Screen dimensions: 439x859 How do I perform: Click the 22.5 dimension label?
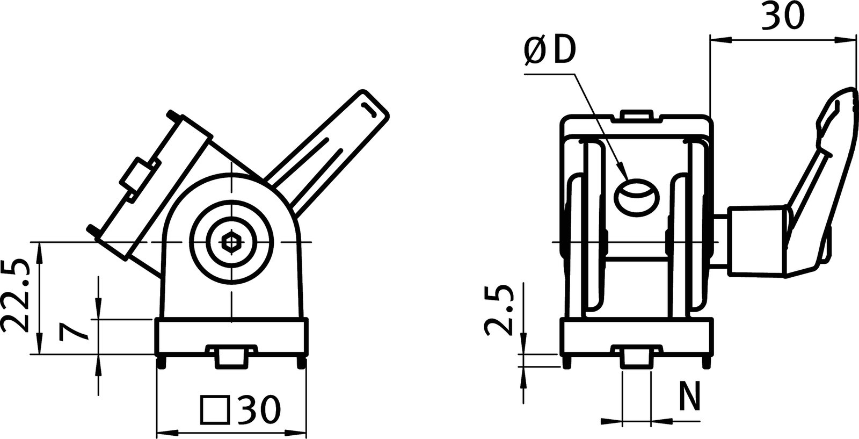[14, 297]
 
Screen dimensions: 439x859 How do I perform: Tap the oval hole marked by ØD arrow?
[637, 198]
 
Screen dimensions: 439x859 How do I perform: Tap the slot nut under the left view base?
[231, 357]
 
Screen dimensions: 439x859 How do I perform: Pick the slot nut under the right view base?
[636, 357]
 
